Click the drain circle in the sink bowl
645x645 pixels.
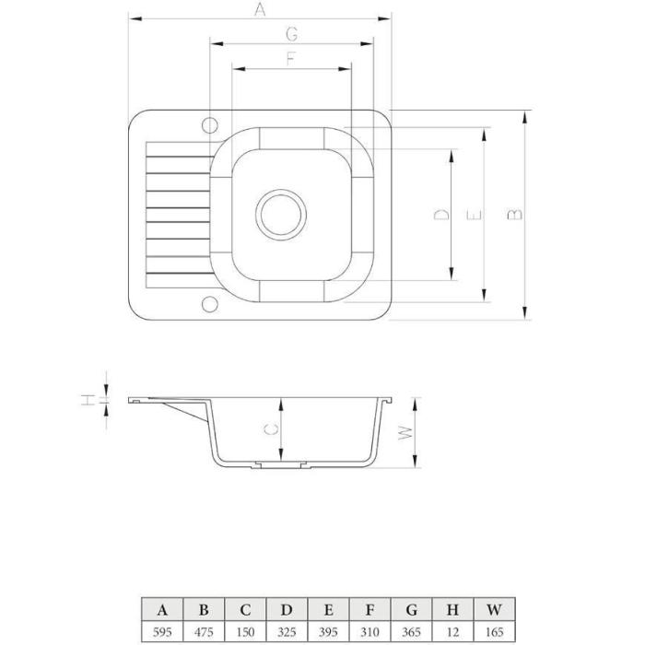click(x=281, y=215)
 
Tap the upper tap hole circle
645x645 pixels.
click(x=210, y=125)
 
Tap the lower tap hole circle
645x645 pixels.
click(x=210, y=304)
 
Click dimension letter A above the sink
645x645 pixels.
click(x=260, y=9)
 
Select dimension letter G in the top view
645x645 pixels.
click(x=292, y=34)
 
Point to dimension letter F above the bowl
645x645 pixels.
click(x=291, y=59)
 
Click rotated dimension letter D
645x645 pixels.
click(x=441, y=215)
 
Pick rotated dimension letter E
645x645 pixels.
click(x=474, y=215)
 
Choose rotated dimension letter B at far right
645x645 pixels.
click(x=514, y=215)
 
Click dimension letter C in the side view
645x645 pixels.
click(x=271, y=429)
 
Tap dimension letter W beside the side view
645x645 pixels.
click(x=405, y=433)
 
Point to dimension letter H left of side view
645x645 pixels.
click(x=88, y=399)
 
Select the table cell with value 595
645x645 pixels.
click(x=162, y=631)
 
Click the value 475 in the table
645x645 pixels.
click(x=204, y=631)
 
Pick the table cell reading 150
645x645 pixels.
click(x=246, y=631)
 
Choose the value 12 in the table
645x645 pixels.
click(x=453, y=631)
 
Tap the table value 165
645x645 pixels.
click(x=495, y=631)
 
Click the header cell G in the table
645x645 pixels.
click(x=411, y=610)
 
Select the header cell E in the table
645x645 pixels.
click(x=328, y=610)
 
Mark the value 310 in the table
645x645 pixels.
click(x=369, y=631)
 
